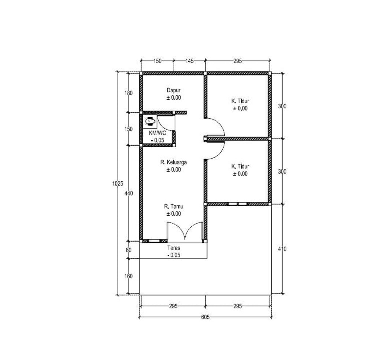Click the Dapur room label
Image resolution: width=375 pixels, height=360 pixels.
(174, 90)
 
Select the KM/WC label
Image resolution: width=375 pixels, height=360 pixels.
(157, 133)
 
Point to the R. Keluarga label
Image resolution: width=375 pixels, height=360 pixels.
(174, 162)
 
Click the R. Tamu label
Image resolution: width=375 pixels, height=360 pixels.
(174, 207)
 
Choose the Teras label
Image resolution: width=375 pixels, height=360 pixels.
(174, 248)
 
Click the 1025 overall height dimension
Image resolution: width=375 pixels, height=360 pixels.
(118, 183)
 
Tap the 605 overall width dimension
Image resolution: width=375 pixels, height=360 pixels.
(205, 317)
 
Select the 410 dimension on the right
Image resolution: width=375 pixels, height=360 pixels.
(282, 249)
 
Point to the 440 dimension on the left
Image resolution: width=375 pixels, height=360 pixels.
(129, 193)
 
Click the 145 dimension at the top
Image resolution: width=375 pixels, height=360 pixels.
(189, 61)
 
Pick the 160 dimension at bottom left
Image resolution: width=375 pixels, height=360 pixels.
(129, 276)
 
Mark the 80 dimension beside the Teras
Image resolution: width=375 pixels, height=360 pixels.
(129, 250)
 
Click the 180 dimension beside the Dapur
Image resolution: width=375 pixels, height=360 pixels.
(129, 93)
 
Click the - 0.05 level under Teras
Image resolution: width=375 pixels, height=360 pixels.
(174, 255)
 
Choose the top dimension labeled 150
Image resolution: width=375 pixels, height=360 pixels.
(157, 61)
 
